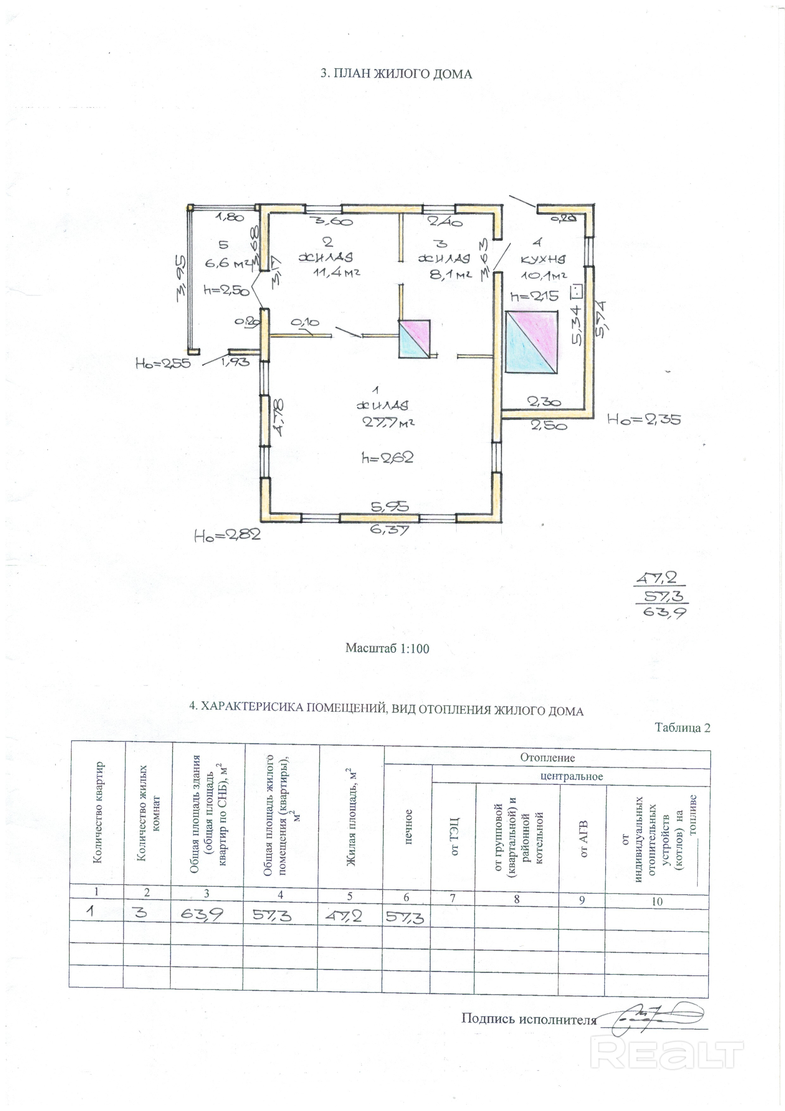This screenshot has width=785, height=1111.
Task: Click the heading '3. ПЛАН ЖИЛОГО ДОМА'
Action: click(x=396, y=74)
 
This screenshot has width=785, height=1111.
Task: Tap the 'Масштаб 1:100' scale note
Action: click(x=387, y=648)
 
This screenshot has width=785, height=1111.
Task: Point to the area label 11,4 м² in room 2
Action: click(x=337, y=272)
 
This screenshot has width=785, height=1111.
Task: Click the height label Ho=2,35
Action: click(x=644, y=419)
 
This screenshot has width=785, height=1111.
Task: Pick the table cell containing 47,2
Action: click(x=349, y=915)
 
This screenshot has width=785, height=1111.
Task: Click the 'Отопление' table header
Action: click(x=547, y=758)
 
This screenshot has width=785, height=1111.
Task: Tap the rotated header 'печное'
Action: click(x=408, y=827)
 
